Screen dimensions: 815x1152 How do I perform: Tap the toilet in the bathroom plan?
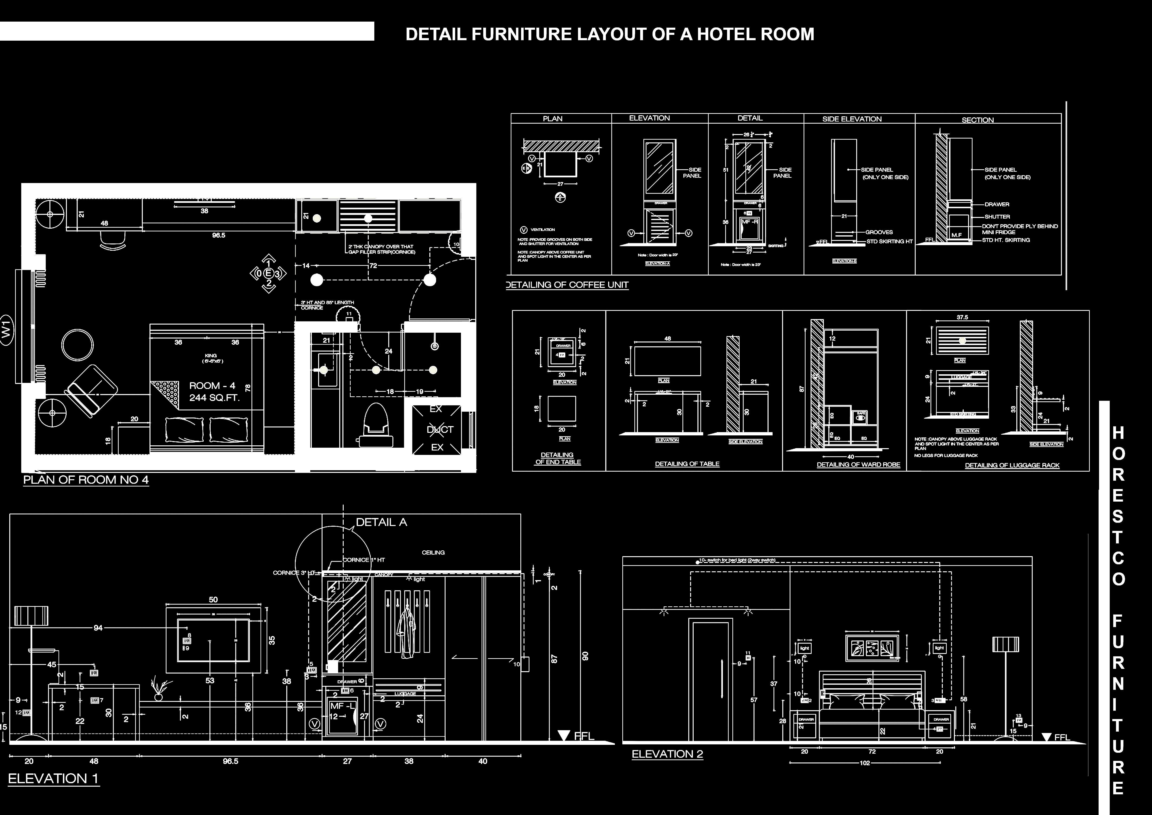pyautogui.click(x=376, y=424)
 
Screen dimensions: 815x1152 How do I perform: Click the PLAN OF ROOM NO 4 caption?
pyautogui.click(x=86, y=480)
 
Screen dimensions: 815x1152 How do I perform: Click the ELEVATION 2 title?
pyautogui.click(x=667, y=754)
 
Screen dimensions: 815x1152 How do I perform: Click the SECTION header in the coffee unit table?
pyautogui.click(x=977, y=120)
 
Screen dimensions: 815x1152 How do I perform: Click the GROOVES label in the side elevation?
pyautogui.click(x=879, y=232)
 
